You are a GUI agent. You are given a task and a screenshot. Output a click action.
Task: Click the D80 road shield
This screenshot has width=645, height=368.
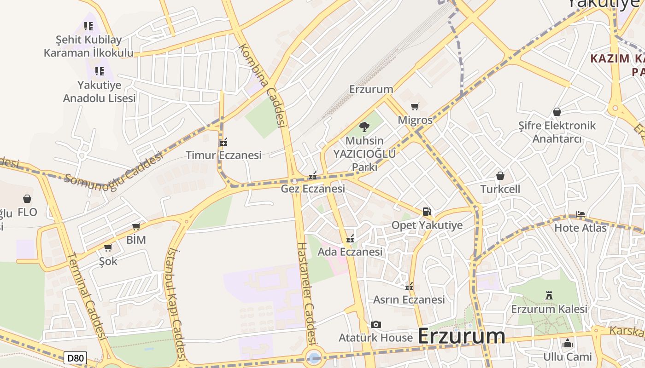(x=75, y=358)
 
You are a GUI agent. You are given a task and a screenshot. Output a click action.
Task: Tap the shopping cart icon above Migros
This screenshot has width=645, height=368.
(x=415, y=107)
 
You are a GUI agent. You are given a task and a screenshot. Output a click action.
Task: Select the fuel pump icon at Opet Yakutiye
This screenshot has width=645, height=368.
(x=427, y=212)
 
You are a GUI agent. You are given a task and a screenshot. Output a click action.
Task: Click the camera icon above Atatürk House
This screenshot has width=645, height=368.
(x=375, y=325)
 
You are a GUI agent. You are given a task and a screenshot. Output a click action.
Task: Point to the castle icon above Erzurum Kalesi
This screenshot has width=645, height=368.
(x=549, y=295)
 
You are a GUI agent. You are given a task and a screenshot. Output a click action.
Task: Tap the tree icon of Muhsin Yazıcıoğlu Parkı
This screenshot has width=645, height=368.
(x=364, y=127)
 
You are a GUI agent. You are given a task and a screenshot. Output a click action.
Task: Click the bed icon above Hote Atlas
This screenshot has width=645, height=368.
(x=580, y=214)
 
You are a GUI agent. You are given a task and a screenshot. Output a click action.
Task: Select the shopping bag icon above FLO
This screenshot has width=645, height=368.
(x=27, y=199)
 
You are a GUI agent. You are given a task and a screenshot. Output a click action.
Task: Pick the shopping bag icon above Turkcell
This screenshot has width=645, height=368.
(x=500, y=176)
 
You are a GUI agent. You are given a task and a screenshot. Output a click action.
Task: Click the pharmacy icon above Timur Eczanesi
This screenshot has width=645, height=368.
(x=223, y=142)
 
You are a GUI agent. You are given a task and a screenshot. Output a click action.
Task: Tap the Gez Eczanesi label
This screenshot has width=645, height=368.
(x=313, y=189)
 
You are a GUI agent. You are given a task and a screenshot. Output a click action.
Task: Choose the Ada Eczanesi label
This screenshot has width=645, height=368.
(x=350, y=252)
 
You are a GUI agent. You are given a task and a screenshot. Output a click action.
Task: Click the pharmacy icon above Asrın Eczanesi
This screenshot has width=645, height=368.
(x=409, y=287)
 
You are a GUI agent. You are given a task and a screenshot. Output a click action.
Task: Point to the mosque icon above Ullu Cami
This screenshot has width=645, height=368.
(x=567, y=343)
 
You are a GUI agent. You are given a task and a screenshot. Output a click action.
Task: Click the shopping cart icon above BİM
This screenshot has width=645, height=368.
(x=136, y=226)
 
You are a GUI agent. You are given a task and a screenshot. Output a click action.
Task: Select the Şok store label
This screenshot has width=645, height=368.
(x=108, y=261)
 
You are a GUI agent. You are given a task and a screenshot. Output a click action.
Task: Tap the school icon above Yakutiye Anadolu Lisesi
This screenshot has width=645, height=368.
(x=99, y=71)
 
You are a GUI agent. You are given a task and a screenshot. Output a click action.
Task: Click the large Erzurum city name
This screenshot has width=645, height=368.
(x=461, y=336)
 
